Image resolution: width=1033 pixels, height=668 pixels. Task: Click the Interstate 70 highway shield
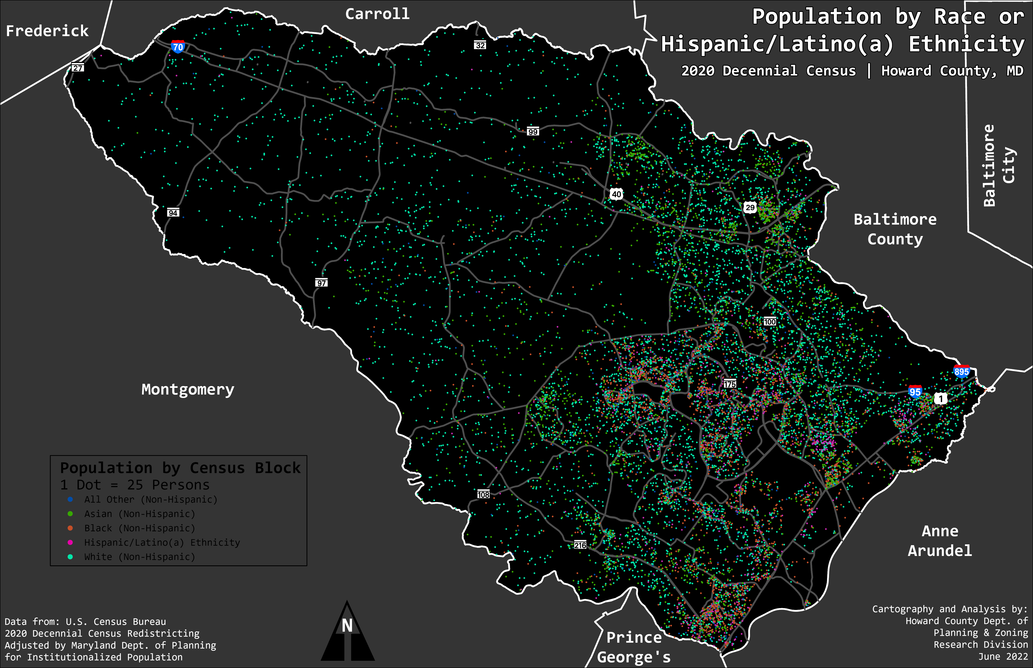[x=178, y=46]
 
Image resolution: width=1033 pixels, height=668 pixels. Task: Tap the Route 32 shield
[x=480, y=45]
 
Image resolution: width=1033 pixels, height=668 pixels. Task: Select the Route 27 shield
[x=78, y=68]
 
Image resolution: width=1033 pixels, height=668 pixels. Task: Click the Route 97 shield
[x=321, y=283]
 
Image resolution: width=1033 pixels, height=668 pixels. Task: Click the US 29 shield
[x=750, y=207]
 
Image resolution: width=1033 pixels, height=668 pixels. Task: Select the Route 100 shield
[x=769, y=321]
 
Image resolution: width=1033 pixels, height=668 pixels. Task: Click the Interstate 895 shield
[x=961, y=371]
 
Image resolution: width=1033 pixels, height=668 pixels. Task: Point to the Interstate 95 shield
[x=915, y=392]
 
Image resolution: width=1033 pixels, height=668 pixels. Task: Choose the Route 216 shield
[x=580, y=545]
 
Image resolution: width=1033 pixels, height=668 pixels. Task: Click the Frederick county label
[x=47, y=31]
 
